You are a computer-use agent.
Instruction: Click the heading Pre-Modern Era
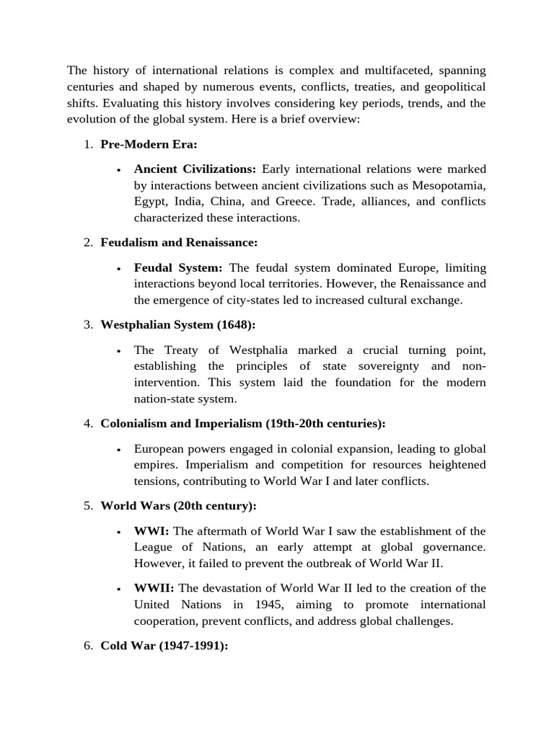(x=149, y=144)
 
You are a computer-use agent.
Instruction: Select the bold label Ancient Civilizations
(x=195, y=169)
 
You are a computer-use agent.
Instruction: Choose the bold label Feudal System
(x=178, y=267)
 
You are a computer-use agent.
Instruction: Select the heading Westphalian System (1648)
(x=178, y=325)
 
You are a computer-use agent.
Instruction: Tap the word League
(x=153, y=547)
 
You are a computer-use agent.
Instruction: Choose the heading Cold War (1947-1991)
(x=164, y=646)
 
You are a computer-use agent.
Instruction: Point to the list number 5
(x=87, y=506)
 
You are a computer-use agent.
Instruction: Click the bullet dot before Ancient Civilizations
(x=118, y=170)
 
